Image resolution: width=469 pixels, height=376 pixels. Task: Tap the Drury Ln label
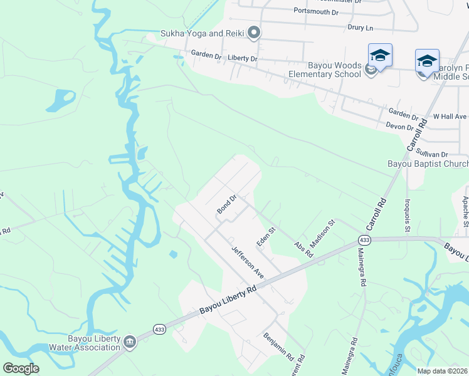click(x=360, y=28)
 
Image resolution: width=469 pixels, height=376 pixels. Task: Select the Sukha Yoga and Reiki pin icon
click(x=254, y=33)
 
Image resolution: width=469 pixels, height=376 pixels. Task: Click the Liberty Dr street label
click(x=242, y=58)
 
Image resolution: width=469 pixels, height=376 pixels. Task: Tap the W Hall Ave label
click(x=450, y=117)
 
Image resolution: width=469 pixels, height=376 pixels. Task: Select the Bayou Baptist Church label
click(x=428, y=164)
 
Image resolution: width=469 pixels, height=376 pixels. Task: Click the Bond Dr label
click(x=226, y=204)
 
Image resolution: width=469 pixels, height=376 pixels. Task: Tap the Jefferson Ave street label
click(x=246, y=263)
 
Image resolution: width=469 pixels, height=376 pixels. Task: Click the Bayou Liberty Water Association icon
click(x=130, y=341)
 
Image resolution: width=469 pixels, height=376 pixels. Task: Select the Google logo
click(x=21, y=368)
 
